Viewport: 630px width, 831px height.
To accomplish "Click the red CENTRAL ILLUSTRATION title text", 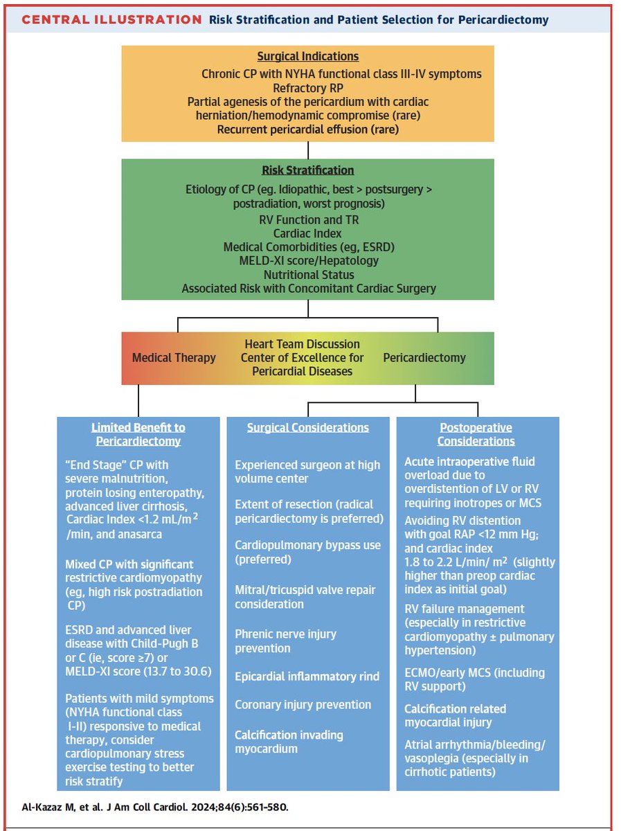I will click(111, 19).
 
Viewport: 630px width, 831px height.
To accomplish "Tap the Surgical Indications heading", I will click(308, 57).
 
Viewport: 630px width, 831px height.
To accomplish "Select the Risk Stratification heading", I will click(308, 170).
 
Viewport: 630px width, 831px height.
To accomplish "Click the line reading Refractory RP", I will click(308, 87).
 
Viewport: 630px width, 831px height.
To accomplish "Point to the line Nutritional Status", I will click(308, 275).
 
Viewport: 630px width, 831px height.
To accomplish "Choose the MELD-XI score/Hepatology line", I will click(308, 261).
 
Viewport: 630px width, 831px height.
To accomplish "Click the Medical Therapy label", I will click(174, 358).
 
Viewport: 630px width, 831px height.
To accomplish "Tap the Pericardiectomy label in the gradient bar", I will click(424, 358).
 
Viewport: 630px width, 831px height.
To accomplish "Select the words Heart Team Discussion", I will click(302, 344).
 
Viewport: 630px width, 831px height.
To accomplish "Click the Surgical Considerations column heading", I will click(308, 428).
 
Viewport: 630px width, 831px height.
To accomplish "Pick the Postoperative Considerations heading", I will click(476, 434).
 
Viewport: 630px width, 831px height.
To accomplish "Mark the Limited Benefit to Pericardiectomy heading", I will click(138, 434).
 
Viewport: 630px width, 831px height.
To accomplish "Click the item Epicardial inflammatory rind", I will click(307, 677).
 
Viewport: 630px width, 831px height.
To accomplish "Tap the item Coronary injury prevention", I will click(303, 705).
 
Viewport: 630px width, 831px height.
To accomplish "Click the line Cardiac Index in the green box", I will click(308, 233).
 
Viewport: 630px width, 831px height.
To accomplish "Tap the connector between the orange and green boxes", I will click(308, 150).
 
